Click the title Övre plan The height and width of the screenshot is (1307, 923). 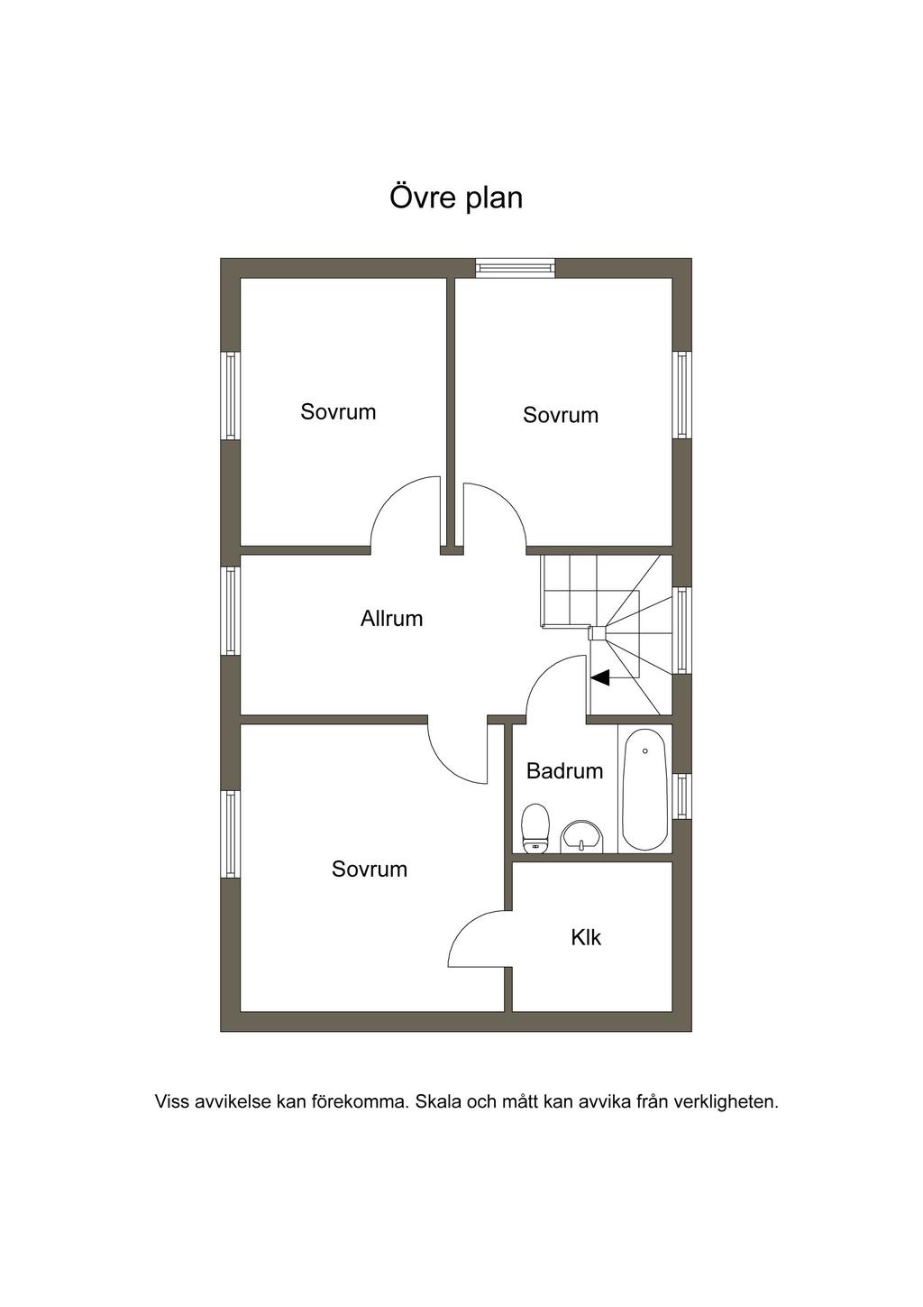(x=456, y=197)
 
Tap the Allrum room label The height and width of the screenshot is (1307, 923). (x=391, y=619)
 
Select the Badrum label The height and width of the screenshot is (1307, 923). (x=564, y=771)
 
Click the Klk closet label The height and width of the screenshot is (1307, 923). (x=586, y=937)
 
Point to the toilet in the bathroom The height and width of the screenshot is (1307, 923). (x=535, y=828)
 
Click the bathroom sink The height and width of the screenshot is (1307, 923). (x=581, y=836)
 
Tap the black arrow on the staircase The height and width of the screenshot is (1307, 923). (x=600, y=677)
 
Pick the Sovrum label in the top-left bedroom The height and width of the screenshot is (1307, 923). (x=338, y=412)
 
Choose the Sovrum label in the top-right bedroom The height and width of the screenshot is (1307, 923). (x=561, y=415)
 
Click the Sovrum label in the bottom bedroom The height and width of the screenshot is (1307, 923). (x=370, y=870)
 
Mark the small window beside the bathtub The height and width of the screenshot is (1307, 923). (x=682, y=796)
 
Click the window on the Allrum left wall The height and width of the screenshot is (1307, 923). (x=230, y=611)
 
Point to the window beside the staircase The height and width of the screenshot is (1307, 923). (x=682, y=630)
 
